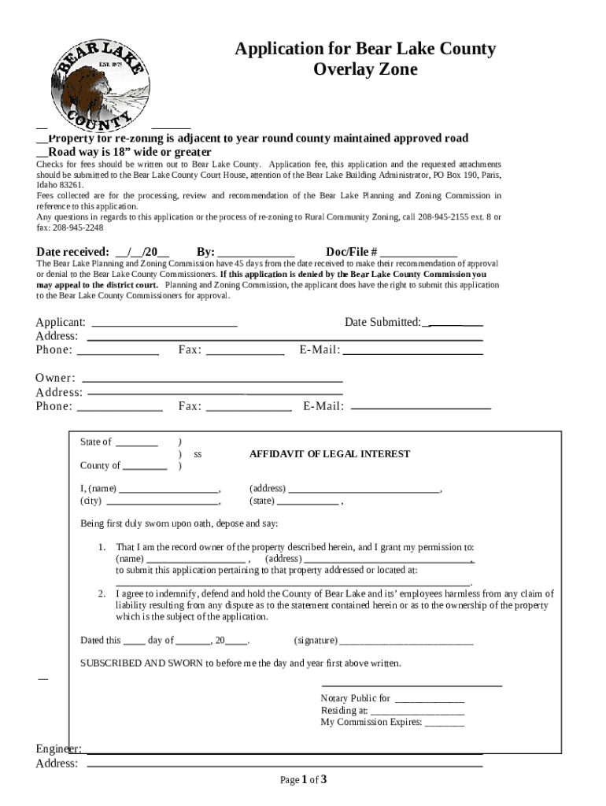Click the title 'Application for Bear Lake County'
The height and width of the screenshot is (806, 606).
click(x=365, y=50)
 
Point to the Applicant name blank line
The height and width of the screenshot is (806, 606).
click(x=165, y=324)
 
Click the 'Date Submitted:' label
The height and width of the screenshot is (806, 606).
click(x=382, y=322)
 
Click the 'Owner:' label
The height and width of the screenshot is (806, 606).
click(x=55, y=378)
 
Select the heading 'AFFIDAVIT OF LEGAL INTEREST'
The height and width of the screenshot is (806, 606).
click(x=330, y=454)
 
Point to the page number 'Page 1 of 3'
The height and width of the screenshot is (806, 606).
click(x=303, y=780)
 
